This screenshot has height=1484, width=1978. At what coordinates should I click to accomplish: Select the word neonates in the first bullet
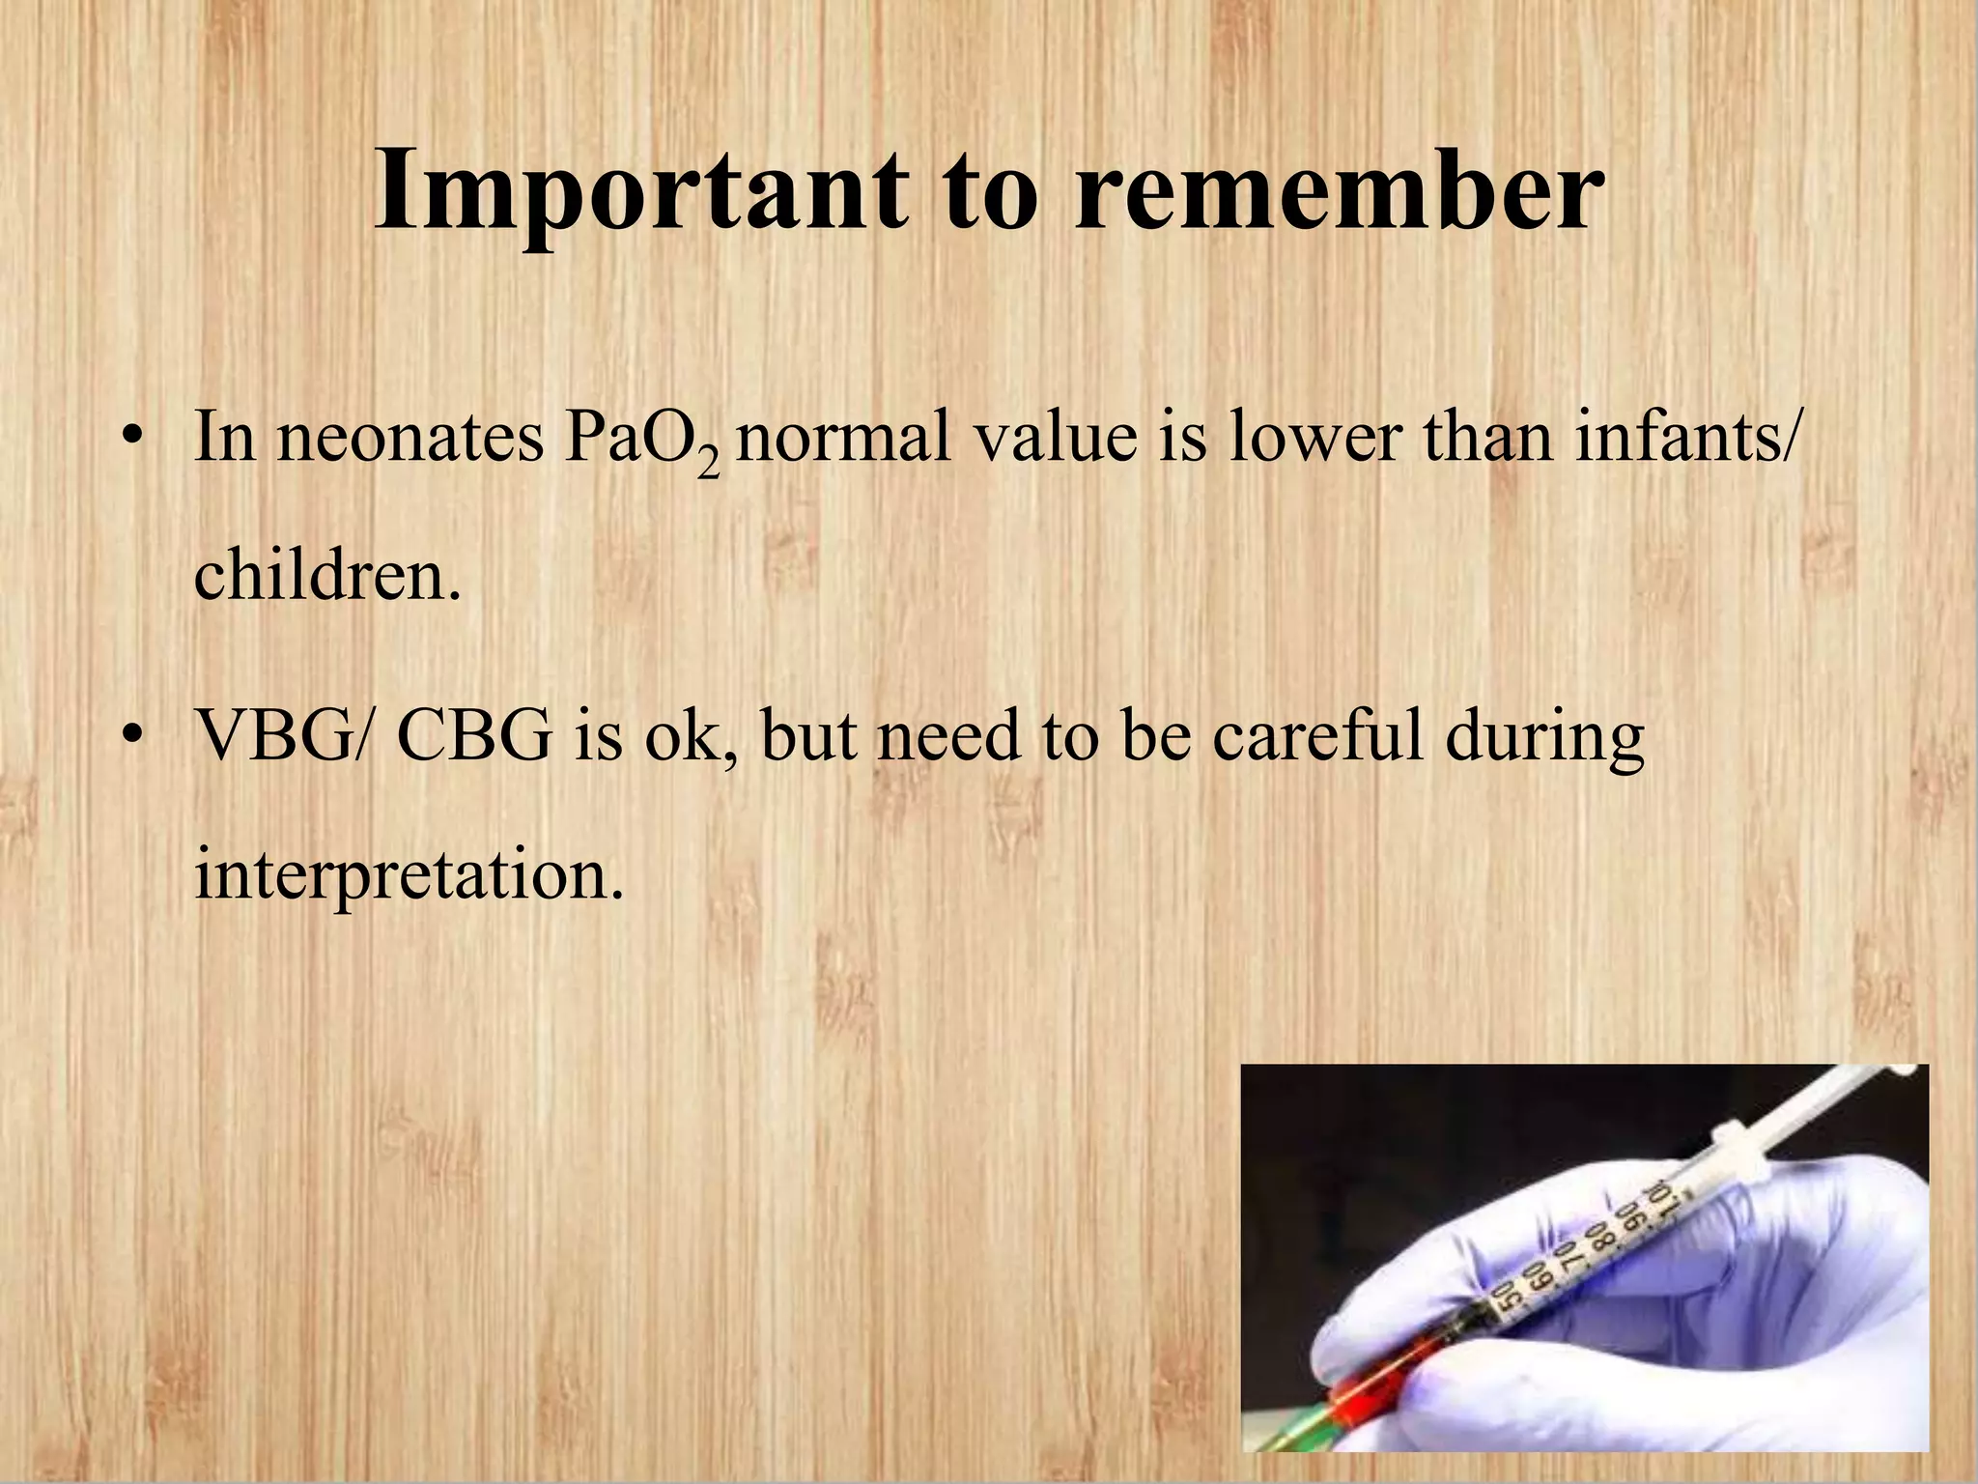410,438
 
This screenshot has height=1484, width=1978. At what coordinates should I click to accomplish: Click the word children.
326,576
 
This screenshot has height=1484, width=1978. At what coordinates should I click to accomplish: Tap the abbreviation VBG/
282,736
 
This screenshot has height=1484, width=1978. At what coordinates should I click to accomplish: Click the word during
1544,736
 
